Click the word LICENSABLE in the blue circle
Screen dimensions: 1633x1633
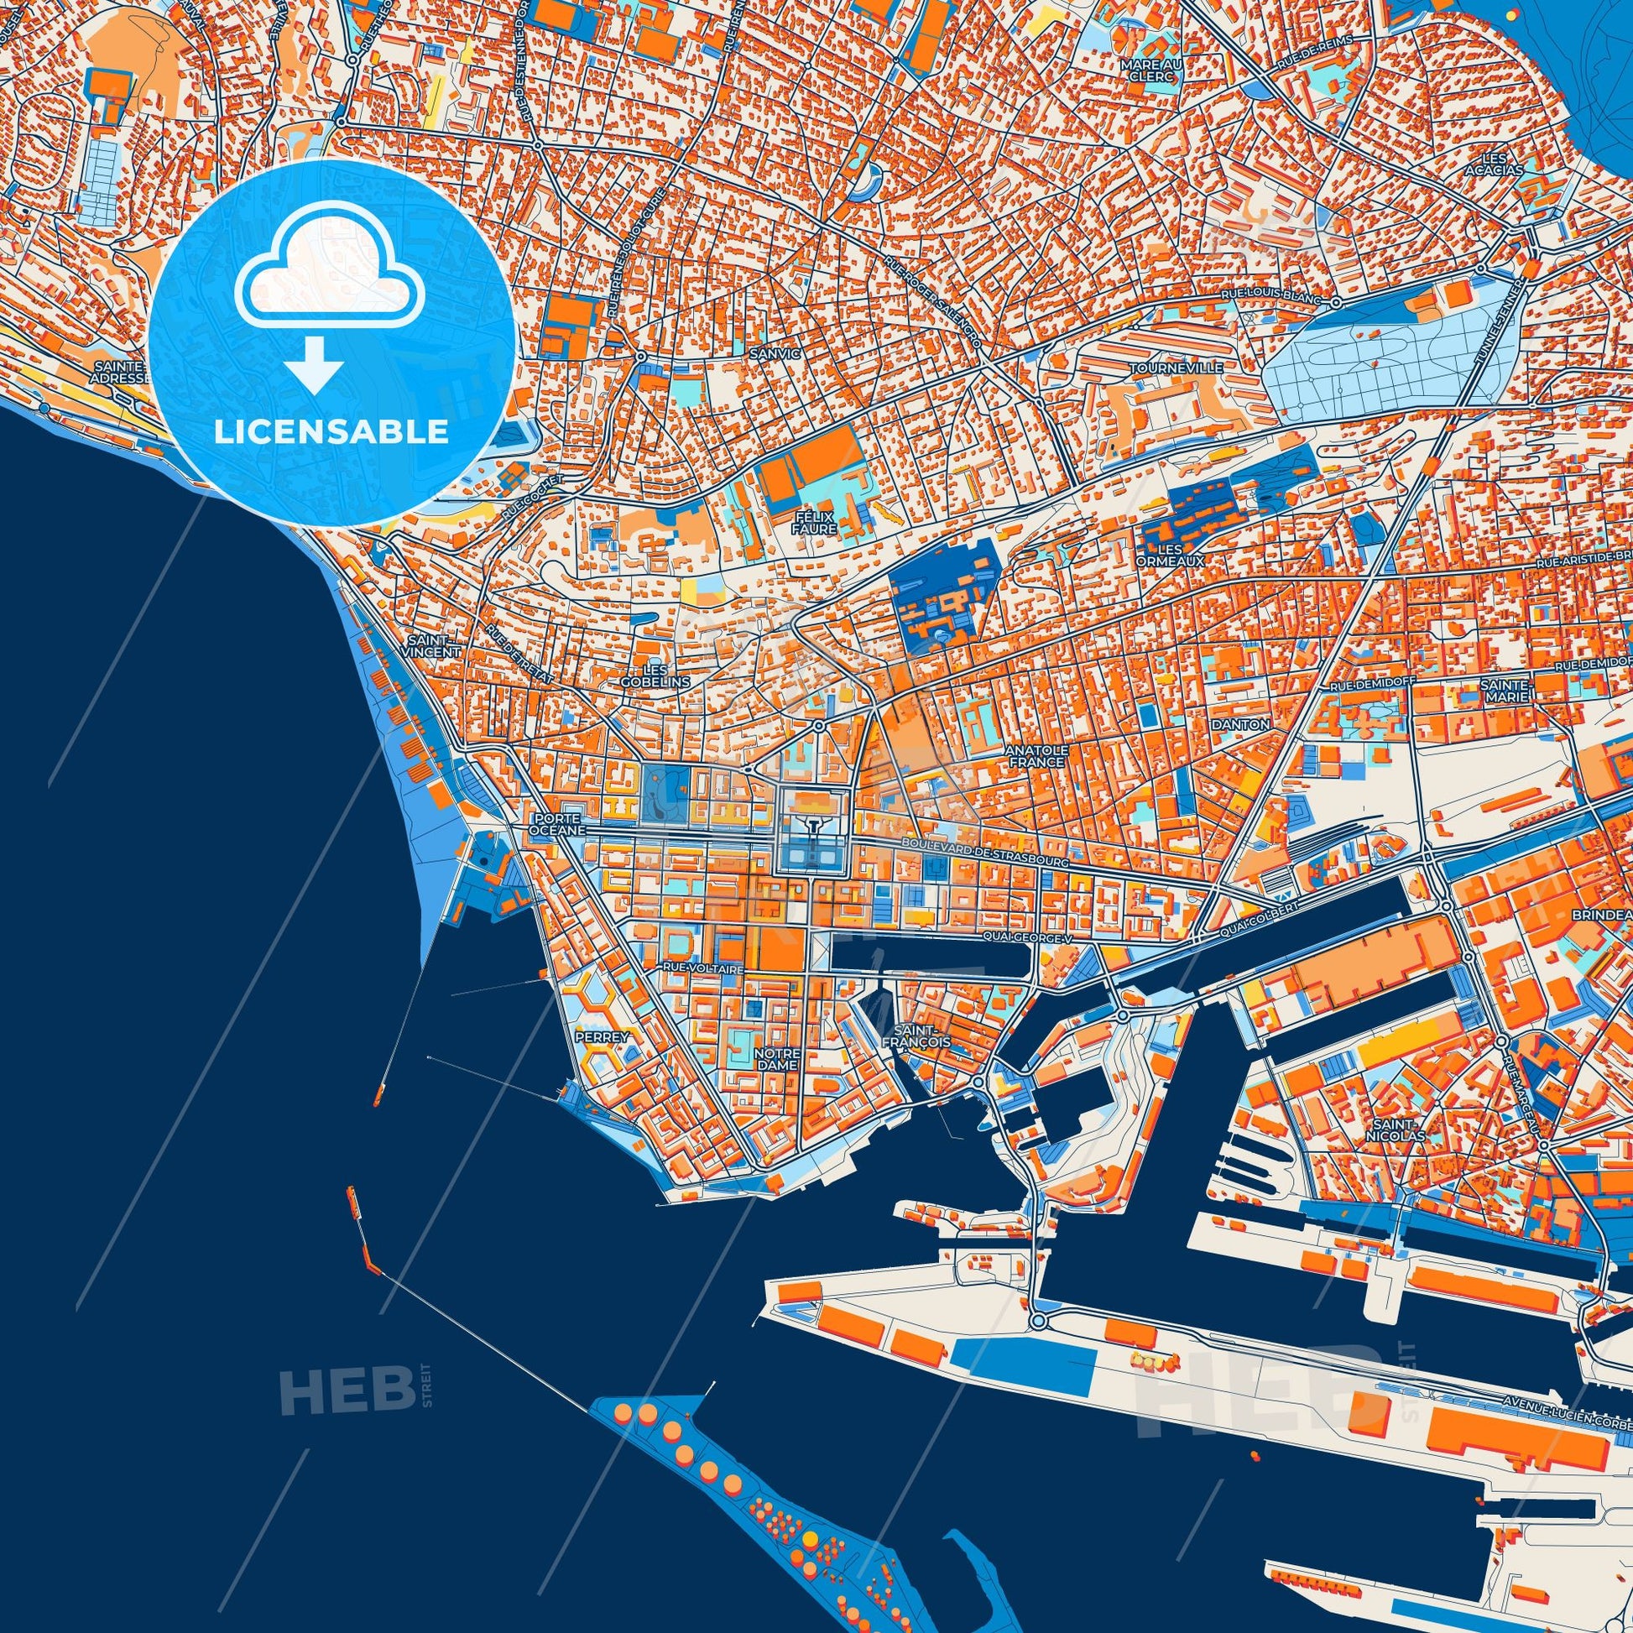(x=331, y=432)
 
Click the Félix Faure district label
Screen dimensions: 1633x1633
(x=814, y=521)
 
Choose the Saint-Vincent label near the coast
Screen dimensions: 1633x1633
(x=433, y=647)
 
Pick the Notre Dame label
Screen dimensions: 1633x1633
(x=778, y=1060)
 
